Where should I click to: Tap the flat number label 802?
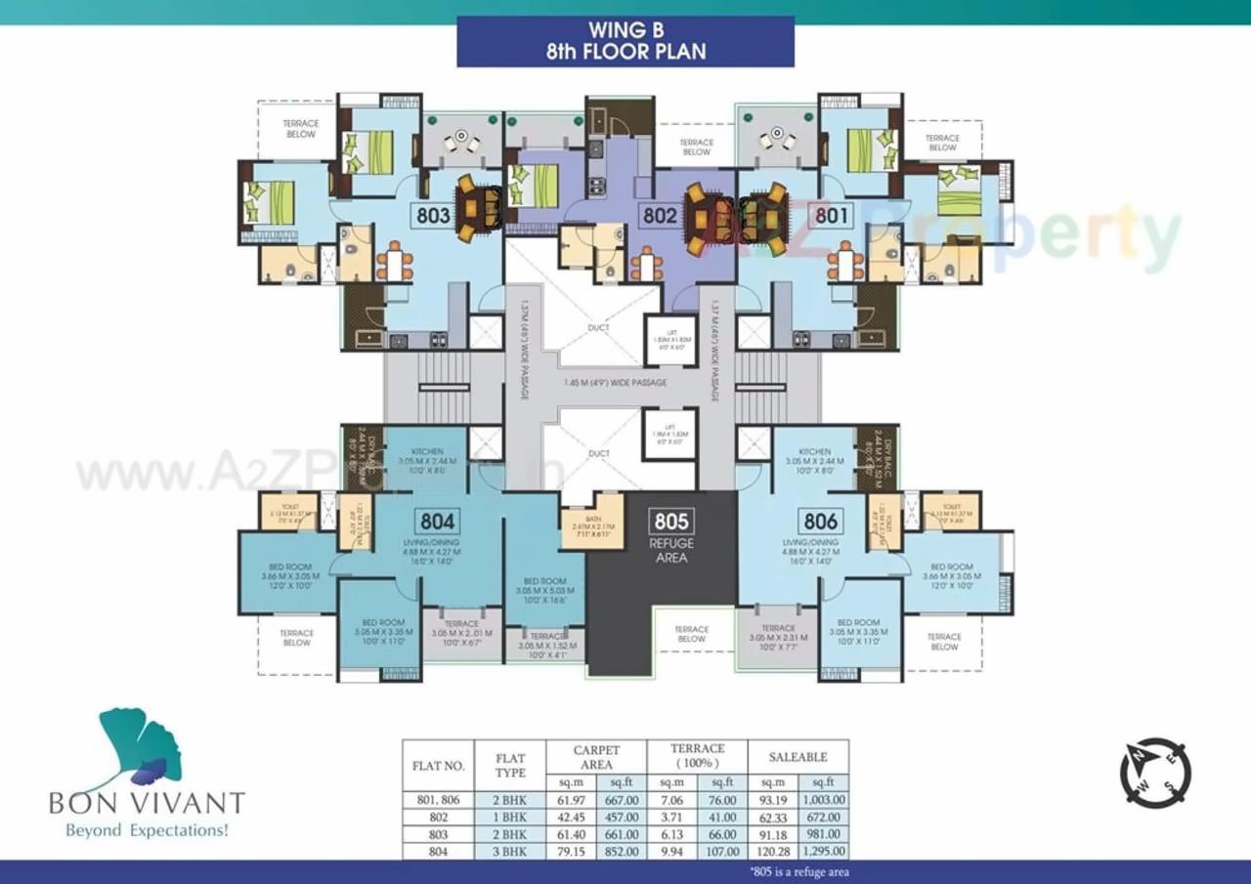point(660,216)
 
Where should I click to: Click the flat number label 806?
point(819,521)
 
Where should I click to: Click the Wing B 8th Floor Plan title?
point(625,42)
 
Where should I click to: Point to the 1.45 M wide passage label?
point(616,383)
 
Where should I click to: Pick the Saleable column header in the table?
point(798,757)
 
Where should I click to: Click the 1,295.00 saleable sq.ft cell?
point(823,851)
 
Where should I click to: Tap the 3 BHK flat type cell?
point(511,851)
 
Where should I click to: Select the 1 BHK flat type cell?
point(511,818)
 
